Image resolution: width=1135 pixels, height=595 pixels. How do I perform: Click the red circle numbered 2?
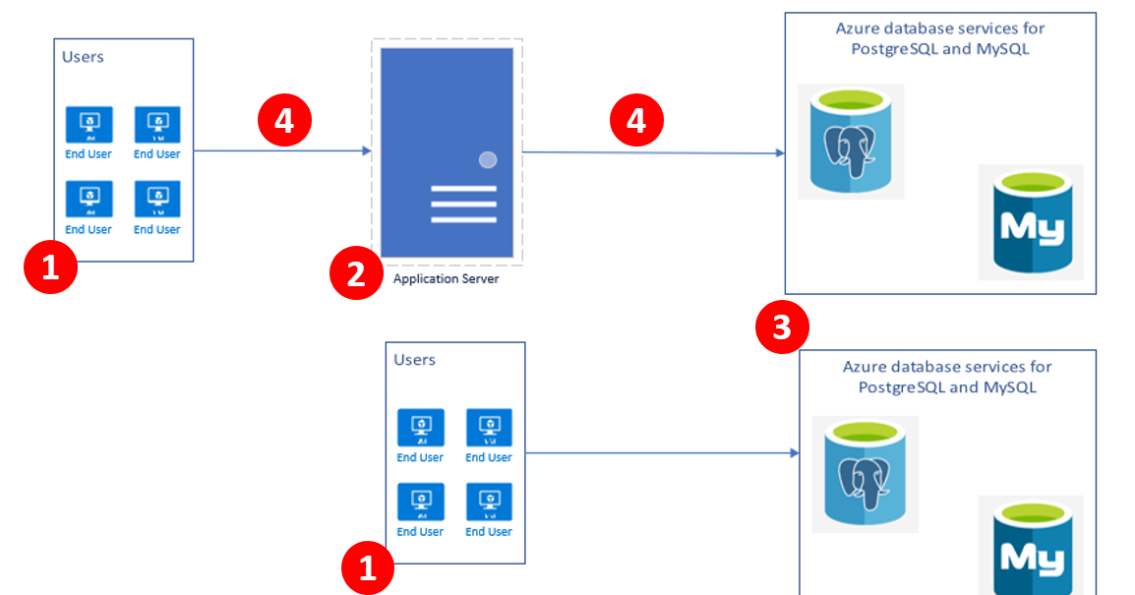click(355, 272)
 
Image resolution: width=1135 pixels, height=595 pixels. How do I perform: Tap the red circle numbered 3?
click(782, 327)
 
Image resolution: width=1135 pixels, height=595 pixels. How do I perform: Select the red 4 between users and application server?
click(284, 120)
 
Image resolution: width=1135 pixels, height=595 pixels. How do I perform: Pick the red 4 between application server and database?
click(636, 120)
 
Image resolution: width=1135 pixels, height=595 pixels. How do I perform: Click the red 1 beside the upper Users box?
click(50, 268)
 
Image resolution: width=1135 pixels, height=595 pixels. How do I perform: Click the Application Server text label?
click(446, 279)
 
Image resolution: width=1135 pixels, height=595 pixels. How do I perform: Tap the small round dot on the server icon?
click(487, 159)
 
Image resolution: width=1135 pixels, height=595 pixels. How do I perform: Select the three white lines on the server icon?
click(463, 205)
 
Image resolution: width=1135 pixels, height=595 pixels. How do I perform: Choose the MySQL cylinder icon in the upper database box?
click(1030, 222)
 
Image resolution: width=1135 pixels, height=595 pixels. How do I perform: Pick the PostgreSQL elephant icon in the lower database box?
click(865, 475)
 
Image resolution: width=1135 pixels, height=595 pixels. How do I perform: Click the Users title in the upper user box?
click(84, 57)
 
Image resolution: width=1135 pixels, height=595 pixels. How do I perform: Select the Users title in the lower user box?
click(414, 360)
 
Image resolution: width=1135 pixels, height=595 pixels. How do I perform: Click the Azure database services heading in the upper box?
click(940, 38)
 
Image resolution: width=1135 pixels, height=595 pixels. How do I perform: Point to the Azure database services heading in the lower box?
click(947, 377)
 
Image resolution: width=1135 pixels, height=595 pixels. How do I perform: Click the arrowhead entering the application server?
click(367, 151)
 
